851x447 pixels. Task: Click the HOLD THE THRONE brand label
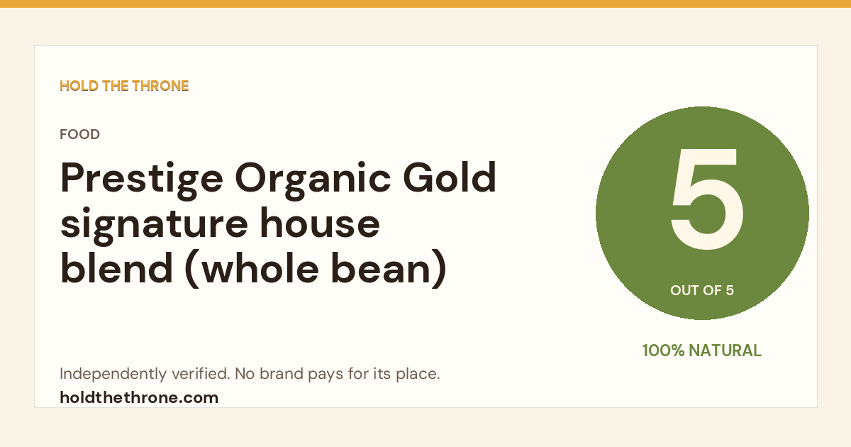[124, 86]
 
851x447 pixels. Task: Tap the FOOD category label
[79, 134]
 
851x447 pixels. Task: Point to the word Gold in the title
[450, 177]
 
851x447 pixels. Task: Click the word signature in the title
[155, 225]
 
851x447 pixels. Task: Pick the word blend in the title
[116, 267]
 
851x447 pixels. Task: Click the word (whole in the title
[252, 269]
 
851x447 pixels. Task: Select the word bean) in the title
[389, 269]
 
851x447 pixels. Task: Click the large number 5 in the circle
[706, 199]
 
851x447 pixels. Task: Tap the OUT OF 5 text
[702, 290]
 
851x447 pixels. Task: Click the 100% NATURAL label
[702, 351]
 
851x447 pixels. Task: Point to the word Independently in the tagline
[113, 374]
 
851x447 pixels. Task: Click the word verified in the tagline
[200, 373]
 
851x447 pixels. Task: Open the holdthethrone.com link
[139, 398]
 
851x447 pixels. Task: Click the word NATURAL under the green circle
[725, 351]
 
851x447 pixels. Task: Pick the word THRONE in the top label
[160, 86]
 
